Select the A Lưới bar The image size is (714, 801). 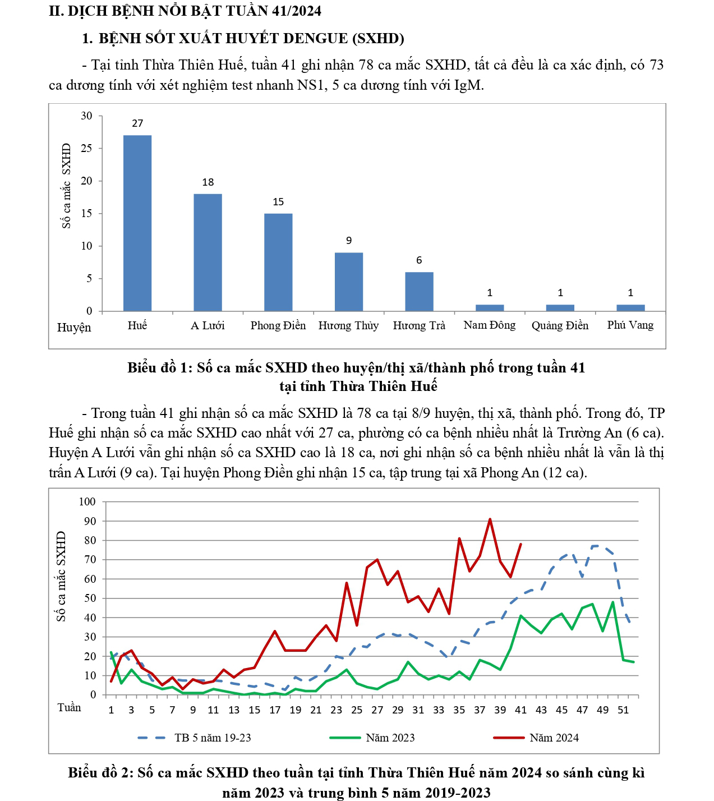pos(208,252)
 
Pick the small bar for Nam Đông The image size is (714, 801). pos(490,308)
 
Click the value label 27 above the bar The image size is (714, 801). pos(137,123)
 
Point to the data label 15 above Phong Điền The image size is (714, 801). pos(278,202)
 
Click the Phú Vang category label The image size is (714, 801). pos(630,325)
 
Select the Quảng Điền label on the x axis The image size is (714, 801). pos(560,326)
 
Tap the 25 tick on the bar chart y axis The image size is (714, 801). pos(86,149)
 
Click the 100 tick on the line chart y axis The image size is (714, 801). pos(87,501)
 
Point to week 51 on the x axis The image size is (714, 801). pos(623,710)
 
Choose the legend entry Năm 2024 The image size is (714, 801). pos(554,738)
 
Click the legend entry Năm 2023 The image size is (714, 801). pos(390,738)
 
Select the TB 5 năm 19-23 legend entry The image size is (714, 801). pos(213,738)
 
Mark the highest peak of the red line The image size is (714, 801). pos(490,519)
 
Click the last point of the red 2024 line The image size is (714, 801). pos(521,544)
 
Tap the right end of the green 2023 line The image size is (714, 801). pos(634,662)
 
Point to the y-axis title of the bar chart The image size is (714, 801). pos(67,186)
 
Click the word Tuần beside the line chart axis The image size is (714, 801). pos(69,708)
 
